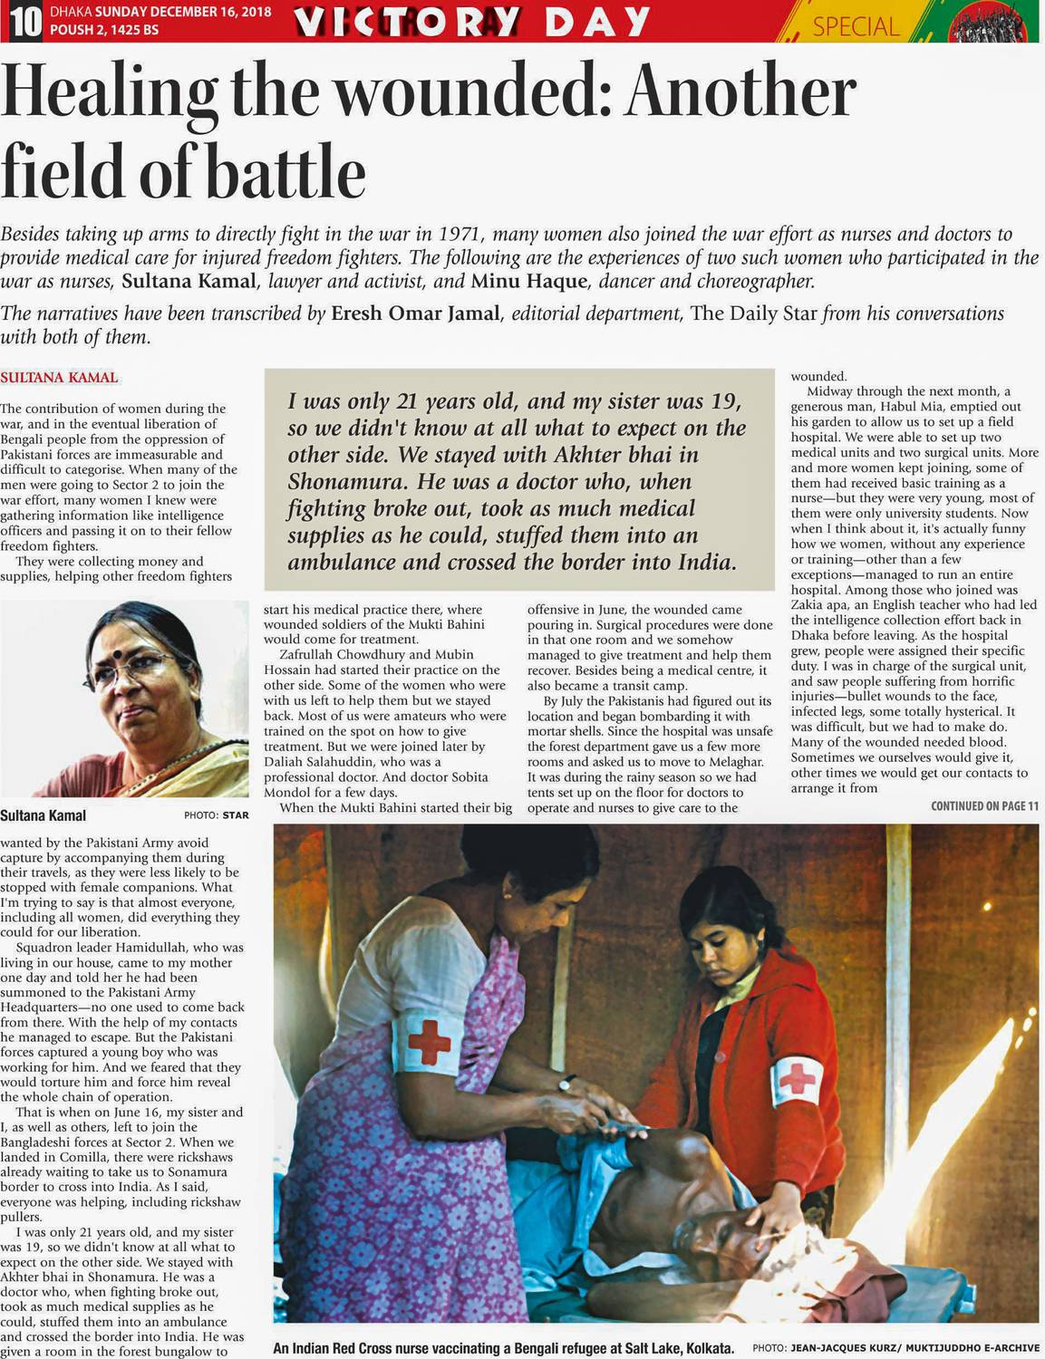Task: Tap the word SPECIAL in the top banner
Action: pos(856,26)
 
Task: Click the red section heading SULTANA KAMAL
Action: pos(59,377)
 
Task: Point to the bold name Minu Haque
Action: pos(528,281)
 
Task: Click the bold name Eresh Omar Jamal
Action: pos(415,313)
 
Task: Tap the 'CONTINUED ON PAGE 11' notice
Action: pos(984,806)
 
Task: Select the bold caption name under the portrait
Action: pos(44,814)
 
